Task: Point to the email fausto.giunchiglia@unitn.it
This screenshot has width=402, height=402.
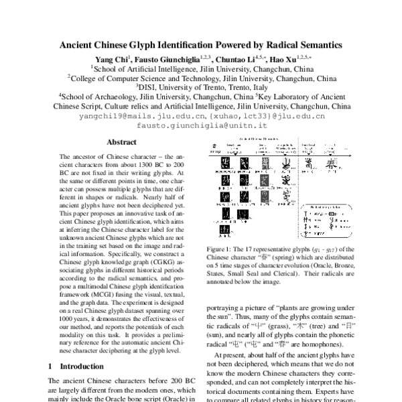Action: [x=202, y=125]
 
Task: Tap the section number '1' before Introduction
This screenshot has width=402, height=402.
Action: [x=52, y=366]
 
